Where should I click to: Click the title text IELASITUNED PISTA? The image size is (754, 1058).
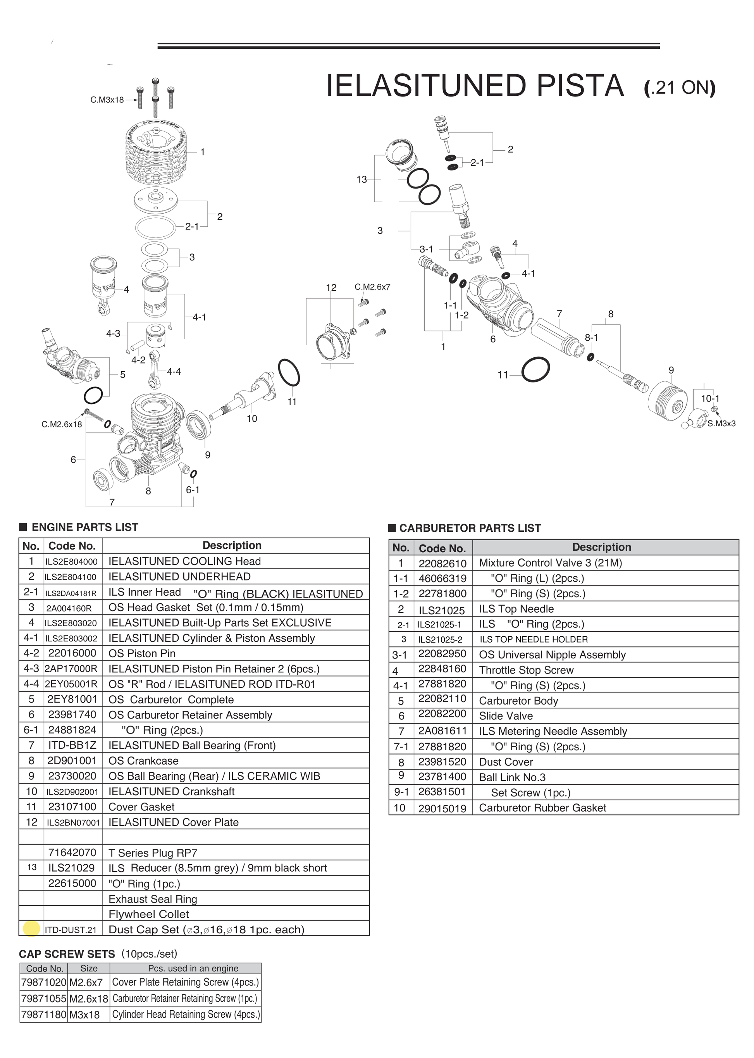475,86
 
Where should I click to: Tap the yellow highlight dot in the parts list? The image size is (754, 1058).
31,929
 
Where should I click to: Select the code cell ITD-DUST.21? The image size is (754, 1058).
71,930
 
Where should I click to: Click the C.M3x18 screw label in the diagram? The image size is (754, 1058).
107,100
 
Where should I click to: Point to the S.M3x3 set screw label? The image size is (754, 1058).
721,424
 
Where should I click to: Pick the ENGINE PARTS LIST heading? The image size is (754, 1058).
84,527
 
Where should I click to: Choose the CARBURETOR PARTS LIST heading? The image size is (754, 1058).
470,528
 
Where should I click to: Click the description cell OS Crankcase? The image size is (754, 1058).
143,761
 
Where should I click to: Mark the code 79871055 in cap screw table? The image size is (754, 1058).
44,998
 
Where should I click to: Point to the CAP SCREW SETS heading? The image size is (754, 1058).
67,954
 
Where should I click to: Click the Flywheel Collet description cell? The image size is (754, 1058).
148,914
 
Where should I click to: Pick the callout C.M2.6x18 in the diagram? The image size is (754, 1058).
62,424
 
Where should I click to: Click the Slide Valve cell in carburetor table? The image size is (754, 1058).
506,716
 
